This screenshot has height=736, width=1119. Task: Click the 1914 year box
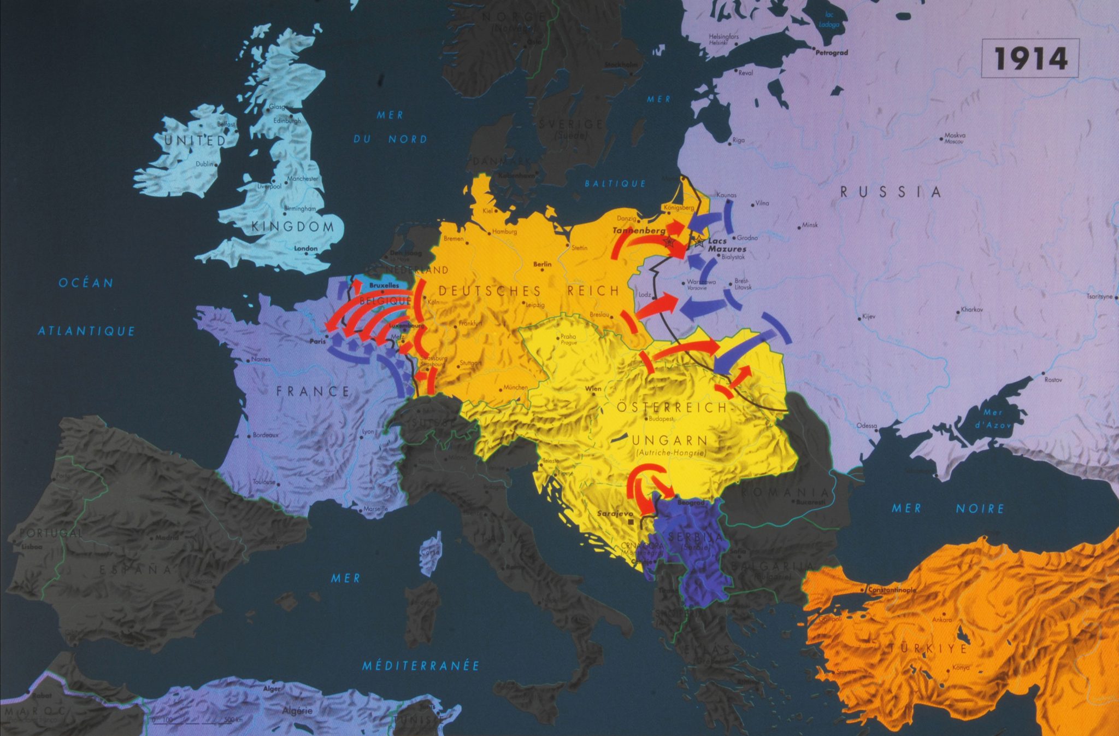(x=1030, y=58)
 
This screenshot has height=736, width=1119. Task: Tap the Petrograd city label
(x=832, y=52)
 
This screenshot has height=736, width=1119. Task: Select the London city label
(x=305, y=248)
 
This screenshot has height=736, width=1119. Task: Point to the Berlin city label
(x=542, y=264)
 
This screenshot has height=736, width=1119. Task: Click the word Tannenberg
(x=639, y=231)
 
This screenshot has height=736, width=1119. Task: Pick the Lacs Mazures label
(x=727, y=245)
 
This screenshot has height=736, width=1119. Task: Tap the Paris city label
(x=317, y=341)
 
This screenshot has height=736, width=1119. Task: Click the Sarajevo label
(x=615, y=513)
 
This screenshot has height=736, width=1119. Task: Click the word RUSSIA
(x=891, y=192)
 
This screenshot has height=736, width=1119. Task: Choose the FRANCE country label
(x=313, y=391)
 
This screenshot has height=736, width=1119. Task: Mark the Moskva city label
(x=955, y=135)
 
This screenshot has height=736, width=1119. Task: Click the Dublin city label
(x=204, y=163)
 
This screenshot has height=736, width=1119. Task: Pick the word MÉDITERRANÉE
(x=421, y=665)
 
